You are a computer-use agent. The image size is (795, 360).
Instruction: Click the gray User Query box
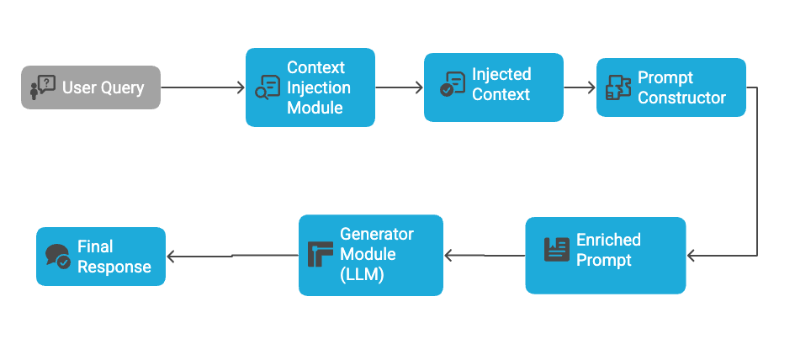point(91,87)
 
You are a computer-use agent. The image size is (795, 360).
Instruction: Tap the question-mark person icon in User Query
point(42,87)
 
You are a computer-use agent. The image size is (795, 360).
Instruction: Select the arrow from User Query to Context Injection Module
point(202,87)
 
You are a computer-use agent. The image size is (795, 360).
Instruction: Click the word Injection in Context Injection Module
point(319,87)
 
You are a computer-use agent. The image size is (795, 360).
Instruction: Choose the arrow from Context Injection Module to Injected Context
point(399,87)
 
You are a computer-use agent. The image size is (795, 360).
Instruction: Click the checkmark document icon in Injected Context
point(453,84)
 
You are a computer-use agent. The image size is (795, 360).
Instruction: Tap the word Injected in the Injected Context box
point(501,74)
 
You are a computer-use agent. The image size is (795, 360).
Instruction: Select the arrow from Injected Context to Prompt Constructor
point(580,87)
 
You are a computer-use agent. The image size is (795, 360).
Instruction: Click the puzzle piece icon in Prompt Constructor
point(618,88)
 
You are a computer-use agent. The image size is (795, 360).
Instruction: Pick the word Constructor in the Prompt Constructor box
point(681,98)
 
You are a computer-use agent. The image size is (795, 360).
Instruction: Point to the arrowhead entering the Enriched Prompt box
point(692,256)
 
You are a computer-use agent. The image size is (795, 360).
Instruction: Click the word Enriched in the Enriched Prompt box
point(608,240)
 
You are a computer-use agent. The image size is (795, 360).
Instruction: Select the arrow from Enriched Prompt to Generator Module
point(485,256)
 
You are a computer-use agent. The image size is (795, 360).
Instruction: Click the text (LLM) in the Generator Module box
point(362,273)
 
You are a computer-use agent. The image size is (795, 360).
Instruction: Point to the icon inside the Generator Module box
point(321,254)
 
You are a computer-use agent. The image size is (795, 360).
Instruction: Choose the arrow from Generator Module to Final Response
point(232,256)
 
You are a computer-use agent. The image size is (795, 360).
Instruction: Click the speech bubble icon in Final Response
point(58,256)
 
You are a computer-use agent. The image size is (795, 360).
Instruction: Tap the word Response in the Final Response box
point(114,267)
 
